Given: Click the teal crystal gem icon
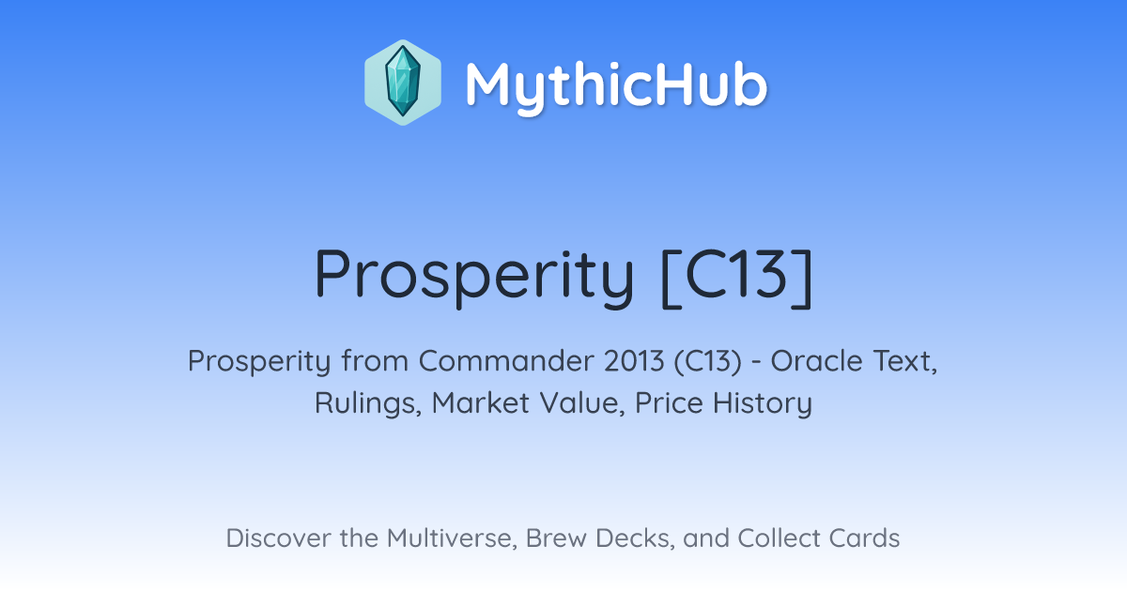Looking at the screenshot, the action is coord(403,82).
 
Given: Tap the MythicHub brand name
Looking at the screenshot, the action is coord(616,86).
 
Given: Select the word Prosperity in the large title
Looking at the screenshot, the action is coord(474,276).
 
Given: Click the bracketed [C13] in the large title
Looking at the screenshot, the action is coord(736,276).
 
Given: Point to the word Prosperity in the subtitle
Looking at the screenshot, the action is coord(259,362).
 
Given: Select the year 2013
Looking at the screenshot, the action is coord(634,361).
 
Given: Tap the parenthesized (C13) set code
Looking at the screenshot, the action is coord(708,362).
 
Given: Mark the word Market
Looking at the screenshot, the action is coord(481,403).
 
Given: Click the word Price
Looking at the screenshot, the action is coord(669,403).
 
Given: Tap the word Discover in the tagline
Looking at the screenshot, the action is coord(278,538).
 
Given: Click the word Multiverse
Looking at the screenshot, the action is coord(452,538).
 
